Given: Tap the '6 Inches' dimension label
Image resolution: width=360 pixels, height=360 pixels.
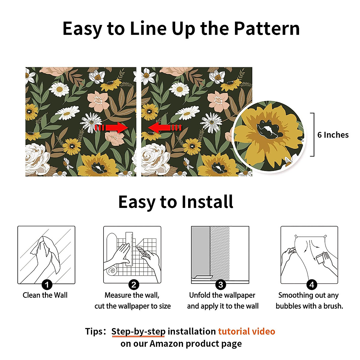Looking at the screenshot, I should [333, 135].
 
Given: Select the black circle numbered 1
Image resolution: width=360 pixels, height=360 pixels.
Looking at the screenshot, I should [47, 284].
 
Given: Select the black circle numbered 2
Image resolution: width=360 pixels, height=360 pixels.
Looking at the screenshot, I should [133, 284].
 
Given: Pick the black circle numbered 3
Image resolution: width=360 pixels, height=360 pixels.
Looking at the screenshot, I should [220, 284].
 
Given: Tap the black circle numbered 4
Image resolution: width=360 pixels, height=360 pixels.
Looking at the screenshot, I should [312, 284].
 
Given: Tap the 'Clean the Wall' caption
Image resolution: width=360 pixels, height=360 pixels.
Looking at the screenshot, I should [45, 295].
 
